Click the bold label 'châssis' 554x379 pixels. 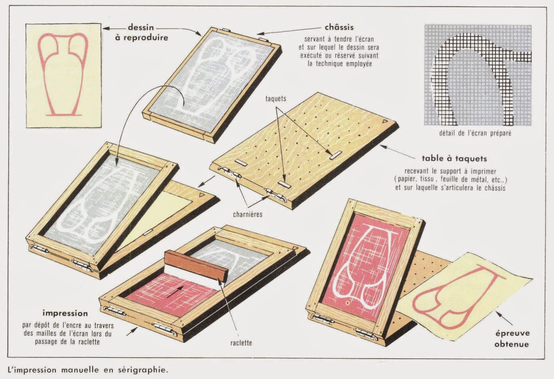click(x=339, y=27)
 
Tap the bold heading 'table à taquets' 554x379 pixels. click(x=454, y=159)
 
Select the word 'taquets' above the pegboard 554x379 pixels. click(x=276, y=99)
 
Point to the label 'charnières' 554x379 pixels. click(x=247, y=214)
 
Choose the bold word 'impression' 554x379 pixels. click(x=65, y=313)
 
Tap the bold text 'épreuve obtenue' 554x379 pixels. click(x=512, y=339)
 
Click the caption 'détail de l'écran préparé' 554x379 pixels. click(x=475, y=133)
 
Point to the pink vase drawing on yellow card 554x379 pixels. click(x=63, y=75)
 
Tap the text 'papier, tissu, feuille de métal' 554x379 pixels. click(x=450, y=179)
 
